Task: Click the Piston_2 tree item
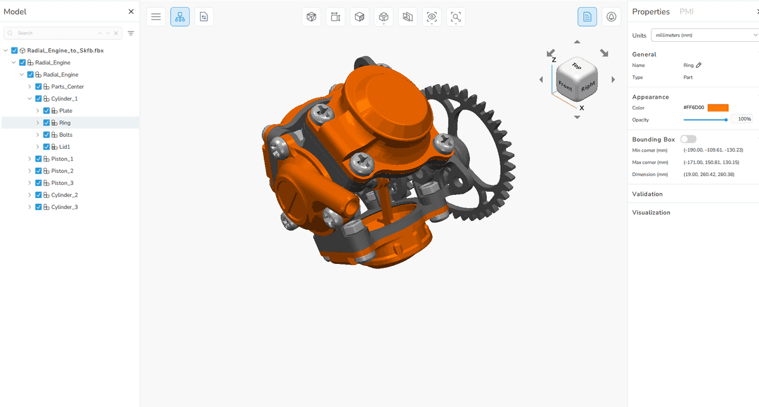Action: [x=62, y=171]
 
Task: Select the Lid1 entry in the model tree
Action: [x=65, y=147]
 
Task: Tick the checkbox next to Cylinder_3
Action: [x=38, y=207]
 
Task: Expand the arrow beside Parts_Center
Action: [x=30, y=87]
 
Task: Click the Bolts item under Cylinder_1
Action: [x=65, y=135]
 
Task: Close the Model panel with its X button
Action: [x=131, y=11]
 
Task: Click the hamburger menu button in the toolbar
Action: [x=156, y=17]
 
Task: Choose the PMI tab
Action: [x=686, y=11]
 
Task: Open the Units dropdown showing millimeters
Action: [x=702, y=35]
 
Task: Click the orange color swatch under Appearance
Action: [x=718, y=108]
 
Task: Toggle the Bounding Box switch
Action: [x=688, y=139]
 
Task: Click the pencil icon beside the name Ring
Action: [x=699, y=65]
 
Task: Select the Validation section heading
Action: [x=648, y=194]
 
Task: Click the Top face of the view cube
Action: [x=576, y=66]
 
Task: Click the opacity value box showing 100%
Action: [x=741, y=119]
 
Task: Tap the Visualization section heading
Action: [x=651, y=213]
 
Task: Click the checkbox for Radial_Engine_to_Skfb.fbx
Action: [x=15, y=51]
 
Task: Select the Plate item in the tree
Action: [x=65, y=111]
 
